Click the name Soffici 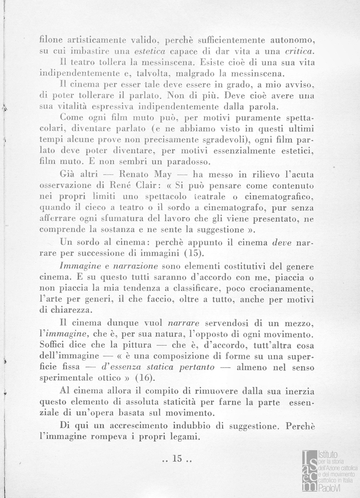pos(53,344)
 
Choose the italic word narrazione pos(138,267)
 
